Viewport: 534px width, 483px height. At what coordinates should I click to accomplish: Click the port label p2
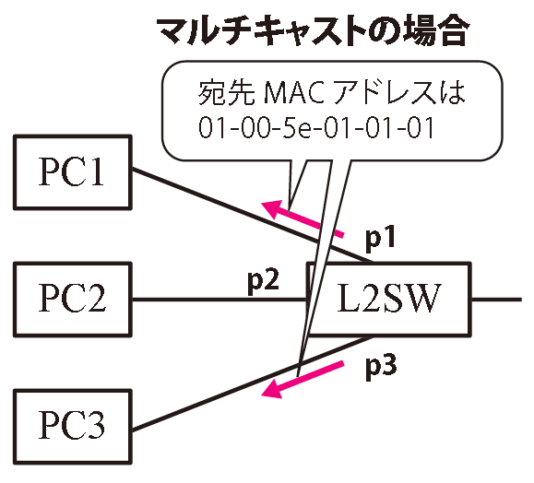(x=263, y=282)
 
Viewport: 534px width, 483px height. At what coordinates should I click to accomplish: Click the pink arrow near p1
(x=303, y=218)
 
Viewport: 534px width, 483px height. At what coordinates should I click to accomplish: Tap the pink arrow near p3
(x=303, y=380)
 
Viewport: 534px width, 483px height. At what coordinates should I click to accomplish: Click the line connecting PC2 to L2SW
(x=220, y=300)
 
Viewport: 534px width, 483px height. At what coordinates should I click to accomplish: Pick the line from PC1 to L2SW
(x=252, y=216)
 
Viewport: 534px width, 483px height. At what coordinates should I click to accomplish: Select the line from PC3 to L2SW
(x=252, y=384)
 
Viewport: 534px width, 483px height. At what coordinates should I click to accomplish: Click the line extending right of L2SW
(x=496, y=300)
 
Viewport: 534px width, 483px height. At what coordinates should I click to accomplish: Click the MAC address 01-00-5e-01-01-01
(x=316, y=127)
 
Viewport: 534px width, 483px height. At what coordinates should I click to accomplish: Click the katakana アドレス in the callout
(x=383, y=92)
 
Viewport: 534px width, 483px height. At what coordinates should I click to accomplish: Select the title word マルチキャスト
(x=260, y=31)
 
